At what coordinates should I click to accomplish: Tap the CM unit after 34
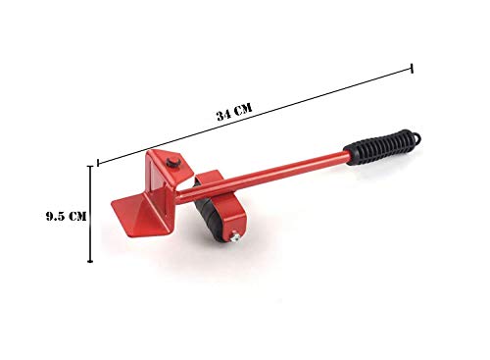(x=243, y=108)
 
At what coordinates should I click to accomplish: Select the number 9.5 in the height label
(x=57, y=216)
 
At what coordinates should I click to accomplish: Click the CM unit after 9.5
(x=78, y=216)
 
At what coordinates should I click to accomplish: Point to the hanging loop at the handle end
(x=416, y=137)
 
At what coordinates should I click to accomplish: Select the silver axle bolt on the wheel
(x=234, y=236)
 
